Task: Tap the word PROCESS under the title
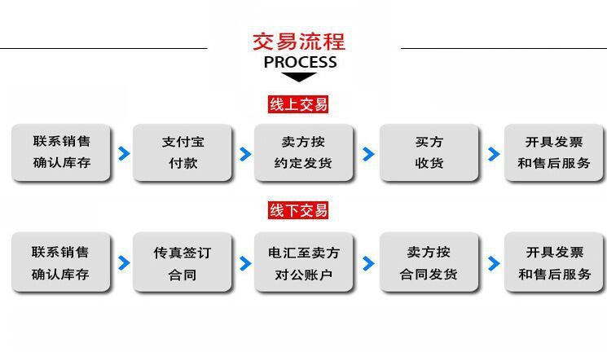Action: (300, 62)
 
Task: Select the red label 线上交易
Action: (298, 103)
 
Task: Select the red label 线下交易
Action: (298, 211)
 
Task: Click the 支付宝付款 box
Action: (183, 152)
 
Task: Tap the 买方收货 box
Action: (429, 152)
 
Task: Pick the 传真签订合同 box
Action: (183, 263)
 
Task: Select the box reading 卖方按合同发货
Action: (429, 263)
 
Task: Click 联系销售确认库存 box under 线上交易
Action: (61, 152)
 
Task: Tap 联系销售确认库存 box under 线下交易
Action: (61, 263)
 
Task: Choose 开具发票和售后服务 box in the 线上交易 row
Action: (554, 152)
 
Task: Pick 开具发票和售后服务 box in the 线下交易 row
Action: (554, 263)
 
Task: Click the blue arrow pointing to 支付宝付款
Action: (124, 153)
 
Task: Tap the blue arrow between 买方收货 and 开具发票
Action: (493, 154)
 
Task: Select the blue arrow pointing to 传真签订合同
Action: (124, 263)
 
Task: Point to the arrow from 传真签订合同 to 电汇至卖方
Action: (245, 264)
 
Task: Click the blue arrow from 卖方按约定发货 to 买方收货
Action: (368, 154)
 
